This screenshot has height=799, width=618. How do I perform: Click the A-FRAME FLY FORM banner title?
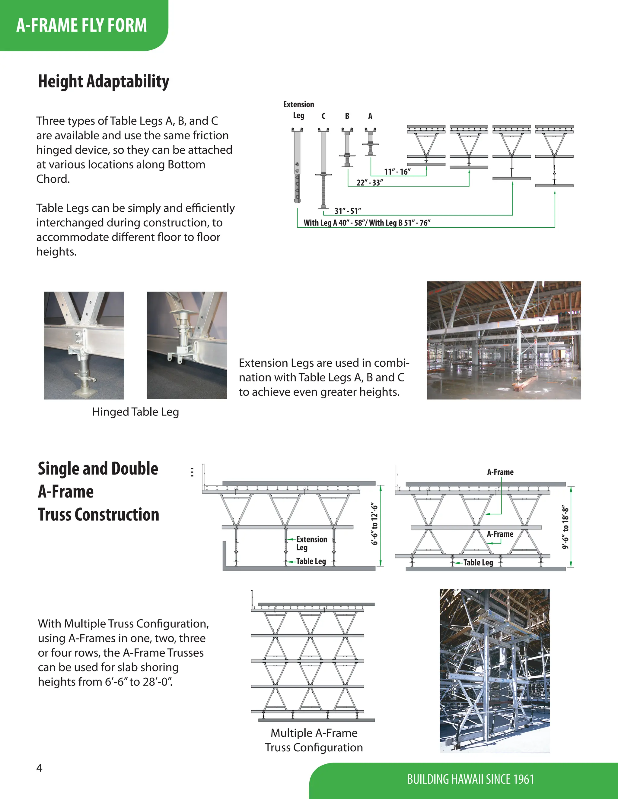tap(81, 25)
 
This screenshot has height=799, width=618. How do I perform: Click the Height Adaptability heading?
tap(104, 81)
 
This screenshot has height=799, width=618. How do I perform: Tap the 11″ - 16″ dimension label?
tap(397, 172)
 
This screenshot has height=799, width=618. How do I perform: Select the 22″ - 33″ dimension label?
tap(370, 182)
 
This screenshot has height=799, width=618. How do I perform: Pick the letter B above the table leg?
tap(347, 116)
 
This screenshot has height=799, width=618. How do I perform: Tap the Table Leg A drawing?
tap(370, 142)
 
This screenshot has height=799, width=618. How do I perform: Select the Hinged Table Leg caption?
tap(135, 412)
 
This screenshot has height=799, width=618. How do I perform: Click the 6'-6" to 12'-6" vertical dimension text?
tap(374, 524)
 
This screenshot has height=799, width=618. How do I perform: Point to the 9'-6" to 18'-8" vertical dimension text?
tap(566, 527)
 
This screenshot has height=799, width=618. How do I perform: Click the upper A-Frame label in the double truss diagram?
tap(500, 472)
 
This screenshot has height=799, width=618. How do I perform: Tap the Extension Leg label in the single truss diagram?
tap(311, 543)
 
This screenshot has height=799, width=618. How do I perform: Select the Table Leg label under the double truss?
tap(478, 562)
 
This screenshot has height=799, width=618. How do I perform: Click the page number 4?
tap(40, 768)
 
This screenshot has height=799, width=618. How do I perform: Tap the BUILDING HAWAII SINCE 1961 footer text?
tap(470, 779)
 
